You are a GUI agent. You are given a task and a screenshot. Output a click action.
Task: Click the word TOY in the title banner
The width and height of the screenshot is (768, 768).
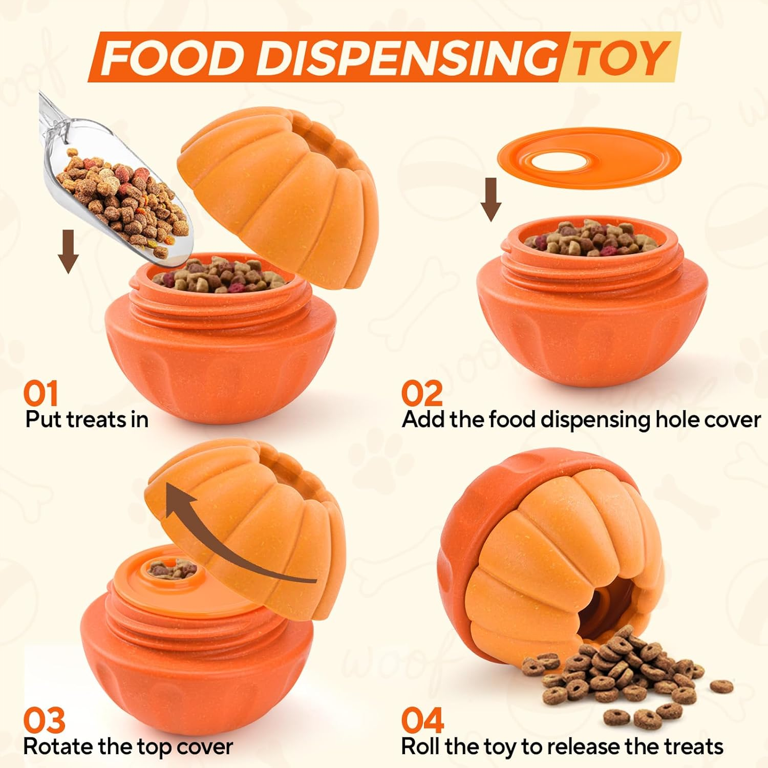pyautogui.click(x=620, y=57)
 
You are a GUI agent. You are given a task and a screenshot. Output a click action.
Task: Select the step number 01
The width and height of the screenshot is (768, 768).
pyautogui.click(x=41, y=394)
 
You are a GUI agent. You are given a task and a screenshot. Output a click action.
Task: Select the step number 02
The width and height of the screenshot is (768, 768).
pyautogui.click(x=421, y=394)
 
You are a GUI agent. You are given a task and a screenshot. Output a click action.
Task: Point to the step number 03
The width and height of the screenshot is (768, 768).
pyautogui.click(x=45, y=721)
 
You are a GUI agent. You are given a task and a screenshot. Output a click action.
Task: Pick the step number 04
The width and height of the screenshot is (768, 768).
pyautogui.click(x=422, y=721)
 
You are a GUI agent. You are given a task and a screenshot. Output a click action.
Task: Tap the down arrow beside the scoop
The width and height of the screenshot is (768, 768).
pyautogui.click(x=68, y=251)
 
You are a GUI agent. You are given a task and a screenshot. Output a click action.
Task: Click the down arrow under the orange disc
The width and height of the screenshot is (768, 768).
pyautogui.click(x=491, y=200)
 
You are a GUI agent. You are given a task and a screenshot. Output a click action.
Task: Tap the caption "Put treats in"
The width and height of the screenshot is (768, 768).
pyautogui.click(x=87, y=420)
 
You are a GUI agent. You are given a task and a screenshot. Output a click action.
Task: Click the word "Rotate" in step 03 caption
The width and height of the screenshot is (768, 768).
pyautogui.click(x=58, y=746)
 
